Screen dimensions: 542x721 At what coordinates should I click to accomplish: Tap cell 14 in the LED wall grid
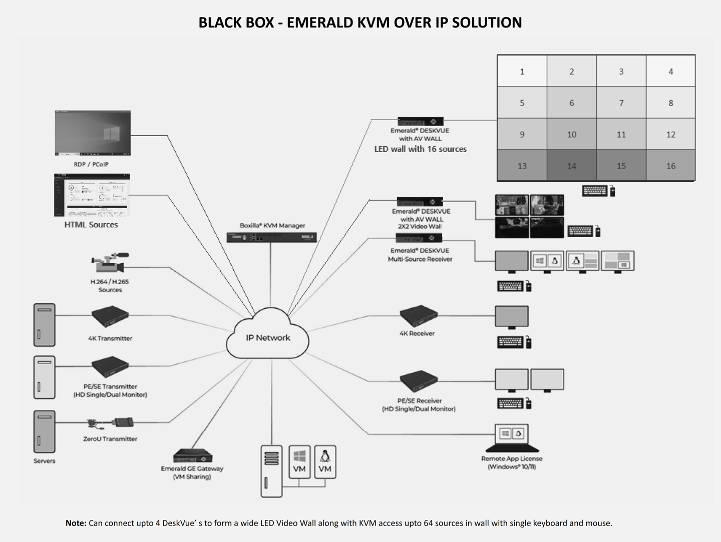click(x=571, y=166)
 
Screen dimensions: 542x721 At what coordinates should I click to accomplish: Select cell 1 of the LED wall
click(x=522, y=72)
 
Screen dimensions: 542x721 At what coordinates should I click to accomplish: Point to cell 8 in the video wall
click(x=670, y=103)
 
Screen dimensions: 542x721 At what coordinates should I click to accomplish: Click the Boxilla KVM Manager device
click(x=271, y=237)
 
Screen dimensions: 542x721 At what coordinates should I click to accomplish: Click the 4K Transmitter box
click(x=110, y=316)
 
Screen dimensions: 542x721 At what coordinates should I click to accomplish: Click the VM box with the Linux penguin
click(x=325, y=462)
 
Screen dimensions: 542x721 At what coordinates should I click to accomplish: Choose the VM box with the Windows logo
click(x=299, y=462)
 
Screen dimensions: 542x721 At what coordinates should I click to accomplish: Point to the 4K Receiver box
click(x=419, y=315)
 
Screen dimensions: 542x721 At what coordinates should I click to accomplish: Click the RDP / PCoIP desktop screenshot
click(x=93, y=133)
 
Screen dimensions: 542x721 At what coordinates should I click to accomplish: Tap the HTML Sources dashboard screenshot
click(x=92, y=195)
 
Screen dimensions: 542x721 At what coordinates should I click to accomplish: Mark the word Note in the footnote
click(x=76, y=523)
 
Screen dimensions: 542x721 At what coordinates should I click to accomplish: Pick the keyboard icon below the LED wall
click(x=594, y=191)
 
